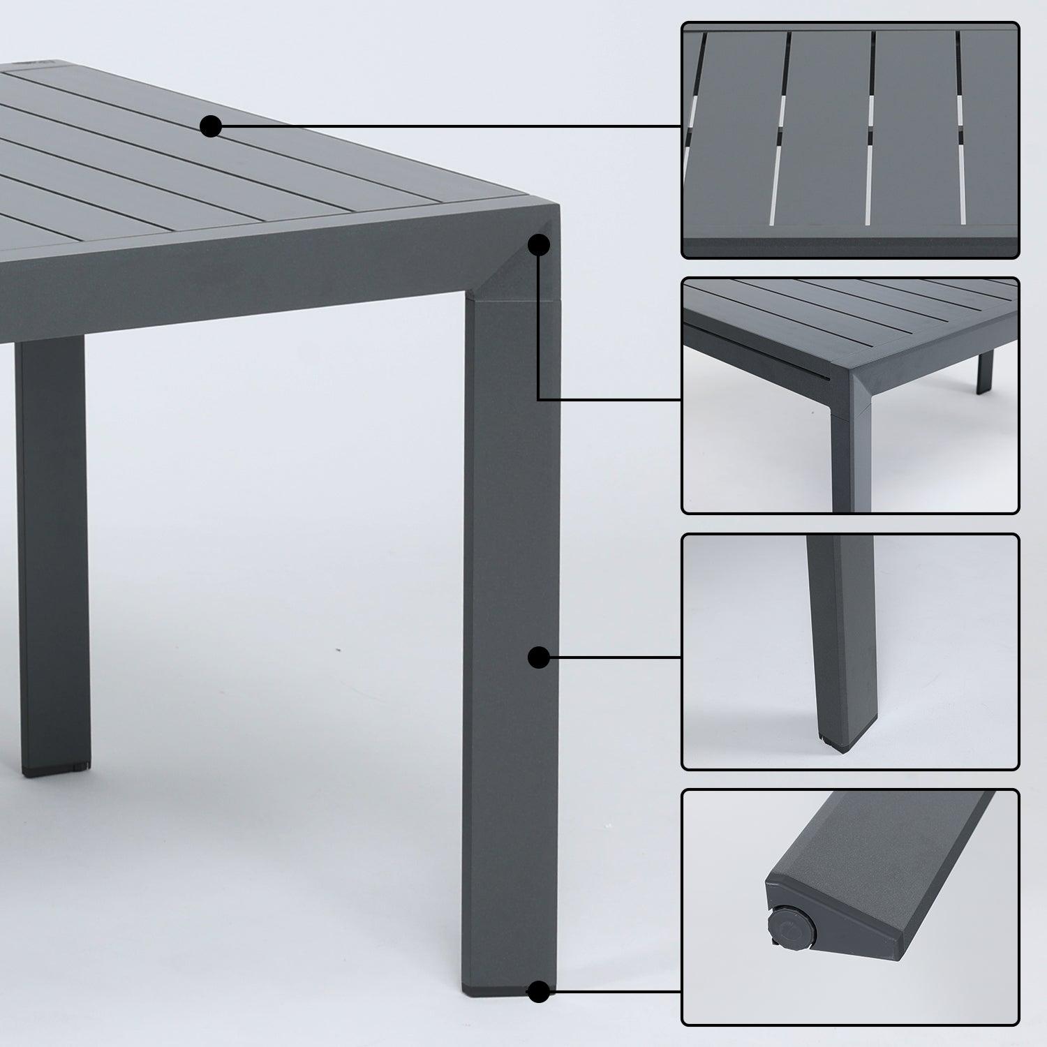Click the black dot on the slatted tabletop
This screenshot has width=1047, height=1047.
(211, 126)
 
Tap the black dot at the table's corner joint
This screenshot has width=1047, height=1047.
(538, 245)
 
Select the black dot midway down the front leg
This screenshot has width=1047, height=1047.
(537, 658)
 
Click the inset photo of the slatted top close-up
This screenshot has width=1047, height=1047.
(850, 140)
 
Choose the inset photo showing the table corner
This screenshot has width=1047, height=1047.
(850, 396)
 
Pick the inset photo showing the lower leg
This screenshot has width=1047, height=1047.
(850, 652)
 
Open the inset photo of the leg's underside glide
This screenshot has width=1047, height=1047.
(850, 907)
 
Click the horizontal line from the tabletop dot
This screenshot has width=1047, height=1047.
(447, 126)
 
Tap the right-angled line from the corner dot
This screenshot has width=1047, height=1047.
(538, 335)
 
